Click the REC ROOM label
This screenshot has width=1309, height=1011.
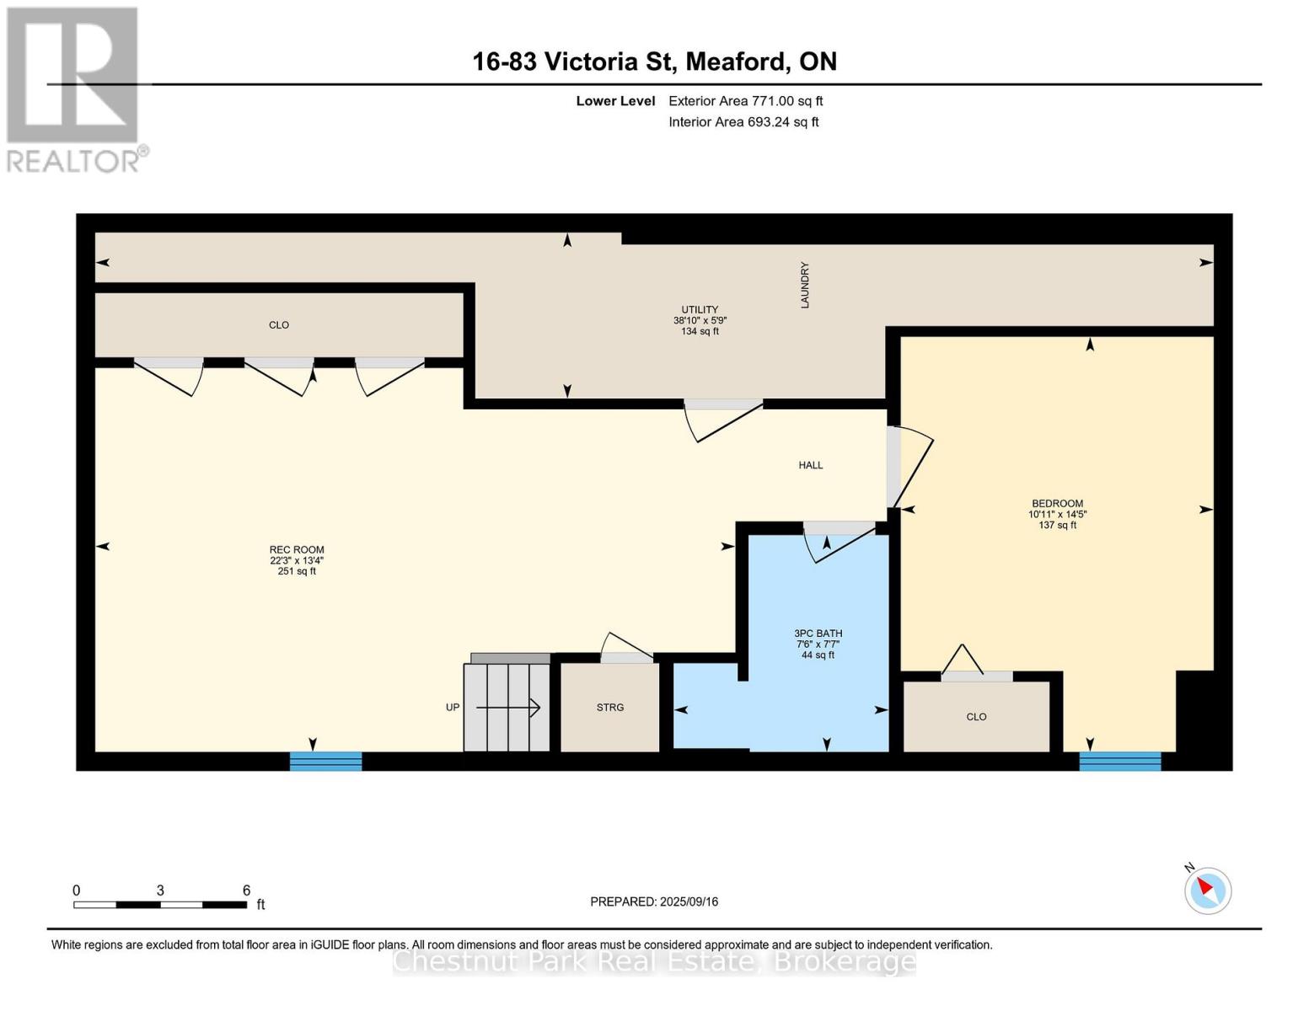pyautogui.click(x=297, y=550)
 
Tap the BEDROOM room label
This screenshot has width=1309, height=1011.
pyautogui.click(x=1057, y=503)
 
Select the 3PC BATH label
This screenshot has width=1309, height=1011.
pyautogui.click(x=818, y=634)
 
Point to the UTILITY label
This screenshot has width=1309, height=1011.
pyautogui.click(x=700, y=309)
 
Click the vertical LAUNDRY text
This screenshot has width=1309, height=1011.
pyautogui.click(x=805, y=285)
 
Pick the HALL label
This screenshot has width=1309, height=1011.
pyautogui.click(x=810, y=465)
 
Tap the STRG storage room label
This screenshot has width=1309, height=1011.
pyautogui.click(x=609, y=708)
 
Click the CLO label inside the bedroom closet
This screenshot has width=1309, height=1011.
pyautogui.click(x=976, y=717)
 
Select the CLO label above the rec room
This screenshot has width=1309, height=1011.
pyautogui.click(x=278, y=325)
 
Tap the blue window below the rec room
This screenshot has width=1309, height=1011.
pyautogui.click(x=325, y=761)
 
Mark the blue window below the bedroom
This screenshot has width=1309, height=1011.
pyautogui.click(x=1119, y=761)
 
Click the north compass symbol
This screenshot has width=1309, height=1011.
pyautogui.click(x=1207, y=891)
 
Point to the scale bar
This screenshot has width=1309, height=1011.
pyautogui.click(x=160, y=905)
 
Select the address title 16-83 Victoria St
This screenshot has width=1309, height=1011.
pyautogui.click(x=654, y=62)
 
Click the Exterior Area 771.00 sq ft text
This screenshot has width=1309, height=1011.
pyautogui.click(x=745, y=101)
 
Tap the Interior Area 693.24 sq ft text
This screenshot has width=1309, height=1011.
pyautogui.click(x=743, y=122)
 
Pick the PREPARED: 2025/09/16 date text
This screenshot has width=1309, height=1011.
pyautogui.click(x=654, y=901)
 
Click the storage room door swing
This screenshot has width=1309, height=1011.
pyautogui.click(x=626, y=647)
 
